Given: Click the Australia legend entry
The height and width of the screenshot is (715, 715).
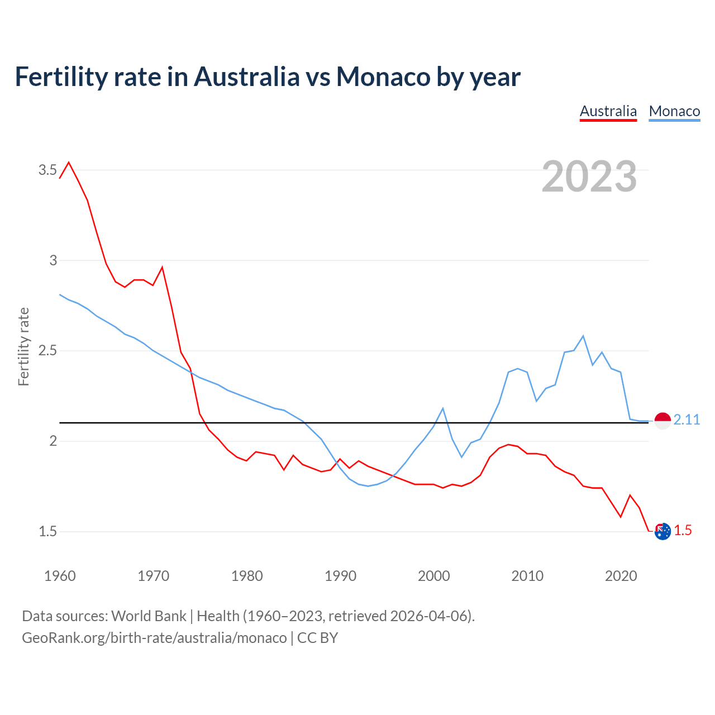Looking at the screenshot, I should [608, 111].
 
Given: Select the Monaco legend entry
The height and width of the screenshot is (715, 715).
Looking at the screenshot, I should [674, 111].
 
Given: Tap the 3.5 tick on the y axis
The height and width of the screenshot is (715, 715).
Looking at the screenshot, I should [47, 170].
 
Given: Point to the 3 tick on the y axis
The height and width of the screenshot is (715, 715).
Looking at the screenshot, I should [53, 260].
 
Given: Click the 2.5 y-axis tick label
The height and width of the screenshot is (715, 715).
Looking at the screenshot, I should [47, 351].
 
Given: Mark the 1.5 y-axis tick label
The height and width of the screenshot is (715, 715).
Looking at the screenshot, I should [47, 531].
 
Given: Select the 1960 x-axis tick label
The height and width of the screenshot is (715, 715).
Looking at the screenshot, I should [60, 576].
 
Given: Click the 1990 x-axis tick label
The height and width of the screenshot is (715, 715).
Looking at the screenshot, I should [340, 576].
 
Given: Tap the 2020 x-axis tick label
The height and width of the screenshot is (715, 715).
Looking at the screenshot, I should [621, 576].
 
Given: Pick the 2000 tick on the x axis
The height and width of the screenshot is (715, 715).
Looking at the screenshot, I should [433, 576].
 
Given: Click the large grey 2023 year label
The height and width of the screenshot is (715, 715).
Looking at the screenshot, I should [589, 177].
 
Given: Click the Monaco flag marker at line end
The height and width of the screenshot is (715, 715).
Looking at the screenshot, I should [662, 420].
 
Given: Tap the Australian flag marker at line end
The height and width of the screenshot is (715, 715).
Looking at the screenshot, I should [662, 532].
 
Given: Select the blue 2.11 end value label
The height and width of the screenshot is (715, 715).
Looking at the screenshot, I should [687, 420].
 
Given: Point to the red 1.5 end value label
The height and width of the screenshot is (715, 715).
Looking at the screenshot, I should [683, 531].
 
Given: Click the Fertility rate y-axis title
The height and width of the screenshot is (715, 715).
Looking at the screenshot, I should [23, 346].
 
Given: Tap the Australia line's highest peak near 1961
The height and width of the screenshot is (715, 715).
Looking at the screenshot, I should [69, 163].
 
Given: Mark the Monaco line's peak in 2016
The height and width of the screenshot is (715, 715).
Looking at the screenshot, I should [583, 336].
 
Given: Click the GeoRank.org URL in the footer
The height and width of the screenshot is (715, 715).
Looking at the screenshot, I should [154, 637].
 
